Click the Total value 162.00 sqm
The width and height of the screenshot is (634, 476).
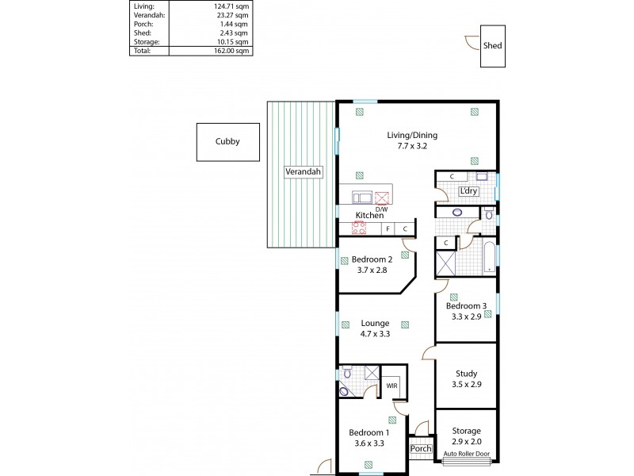coord(231,50)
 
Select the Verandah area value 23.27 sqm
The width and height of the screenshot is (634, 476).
coord(231,14)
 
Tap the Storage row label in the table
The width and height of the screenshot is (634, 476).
coord(146,41)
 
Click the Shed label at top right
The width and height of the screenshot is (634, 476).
coord(492,46)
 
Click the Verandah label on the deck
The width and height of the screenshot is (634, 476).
coord(302,171)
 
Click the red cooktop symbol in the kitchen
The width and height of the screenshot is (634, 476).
coord(358,228)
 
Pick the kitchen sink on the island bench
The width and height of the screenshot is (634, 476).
coord(361,198)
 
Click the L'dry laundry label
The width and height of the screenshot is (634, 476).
coord(468,192)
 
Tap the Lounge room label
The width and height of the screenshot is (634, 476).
coord(375,323)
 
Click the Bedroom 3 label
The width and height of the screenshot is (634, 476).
coord(466,306)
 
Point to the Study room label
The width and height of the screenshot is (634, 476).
coord(466,374)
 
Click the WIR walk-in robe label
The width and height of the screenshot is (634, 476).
coord(391,386)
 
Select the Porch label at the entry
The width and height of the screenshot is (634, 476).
coord(421,449)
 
